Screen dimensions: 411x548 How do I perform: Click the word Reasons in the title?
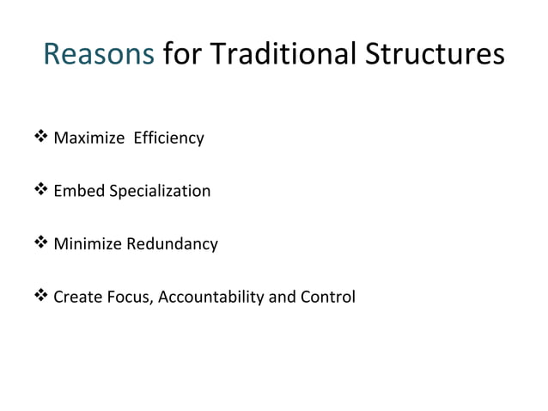[98, 55]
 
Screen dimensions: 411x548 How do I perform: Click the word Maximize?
[88, 138]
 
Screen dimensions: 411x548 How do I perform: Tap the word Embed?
[78, 191]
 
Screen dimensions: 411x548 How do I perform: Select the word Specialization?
[159, 191]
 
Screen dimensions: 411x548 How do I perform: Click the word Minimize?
[88, 244]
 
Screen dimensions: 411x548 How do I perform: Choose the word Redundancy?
[172, 244]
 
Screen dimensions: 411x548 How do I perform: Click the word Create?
[76, 298]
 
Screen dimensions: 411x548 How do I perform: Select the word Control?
[327, 298]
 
